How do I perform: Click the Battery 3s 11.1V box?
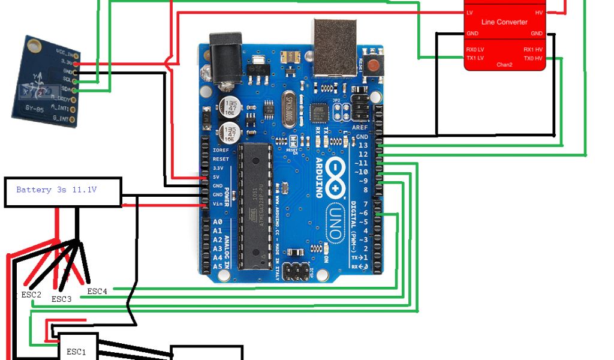tap(63, 192)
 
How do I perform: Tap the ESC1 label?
tap(76, 352)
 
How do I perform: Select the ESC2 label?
tap(31, 295)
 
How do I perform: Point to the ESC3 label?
tap(62, 298)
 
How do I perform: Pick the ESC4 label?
tap(97, 291)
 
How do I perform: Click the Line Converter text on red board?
tap(504, 22)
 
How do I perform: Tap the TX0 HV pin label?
tap(532, 58)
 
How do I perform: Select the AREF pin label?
tap(360, 128)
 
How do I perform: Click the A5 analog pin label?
tap(218, 266)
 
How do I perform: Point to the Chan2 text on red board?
tap(504, 64)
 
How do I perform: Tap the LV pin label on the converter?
tap(469, 13)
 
